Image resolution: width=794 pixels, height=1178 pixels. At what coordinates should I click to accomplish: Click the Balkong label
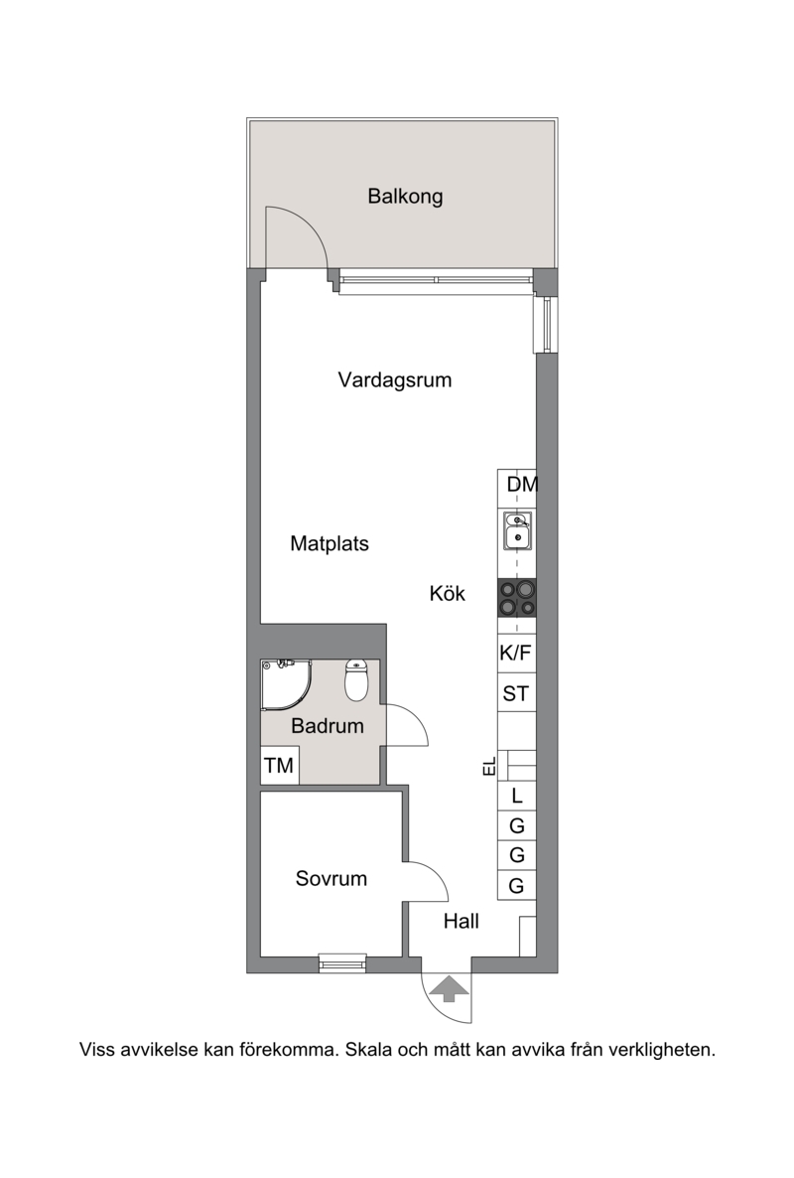(405, 197)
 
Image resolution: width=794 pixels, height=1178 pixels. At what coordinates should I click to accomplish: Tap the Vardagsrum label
(395, 380)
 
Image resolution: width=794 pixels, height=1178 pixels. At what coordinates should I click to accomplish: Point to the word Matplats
(330, 544)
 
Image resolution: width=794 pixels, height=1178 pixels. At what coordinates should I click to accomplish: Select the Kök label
(448, 594)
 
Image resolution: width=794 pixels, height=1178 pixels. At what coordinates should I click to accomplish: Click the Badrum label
(328, 726)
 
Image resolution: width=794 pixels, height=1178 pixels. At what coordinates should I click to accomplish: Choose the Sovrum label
(331, 878)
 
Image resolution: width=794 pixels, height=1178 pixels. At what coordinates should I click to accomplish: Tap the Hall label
(461, 921)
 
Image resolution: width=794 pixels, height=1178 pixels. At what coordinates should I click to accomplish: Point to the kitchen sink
(517, 531)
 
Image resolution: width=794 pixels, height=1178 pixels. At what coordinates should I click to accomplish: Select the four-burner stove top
(517, 599)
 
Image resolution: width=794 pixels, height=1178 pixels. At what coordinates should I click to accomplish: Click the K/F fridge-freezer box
(516, 654)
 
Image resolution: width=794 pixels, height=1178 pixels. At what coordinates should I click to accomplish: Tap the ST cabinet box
(516, 693)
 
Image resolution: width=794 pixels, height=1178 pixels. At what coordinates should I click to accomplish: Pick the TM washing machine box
(279, 766)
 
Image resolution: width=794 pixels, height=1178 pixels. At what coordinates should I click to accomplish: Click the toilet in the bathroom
(355, 679)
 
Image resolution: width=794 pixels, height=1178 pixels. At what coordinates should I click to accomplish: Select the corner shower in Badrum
(285, 684)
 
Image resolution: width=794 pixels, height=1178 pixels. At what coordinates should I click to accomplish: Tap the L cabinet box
(517, 797)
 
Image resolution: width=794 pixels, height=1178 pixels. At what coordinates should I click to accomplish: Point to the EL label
(489, 767)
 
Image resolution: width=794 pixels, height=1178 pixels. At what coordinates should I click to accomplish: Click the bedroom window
(342, 962)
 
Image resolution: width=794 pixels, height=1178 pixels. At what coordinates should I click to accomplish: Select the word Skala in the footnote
(368, 1050)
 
